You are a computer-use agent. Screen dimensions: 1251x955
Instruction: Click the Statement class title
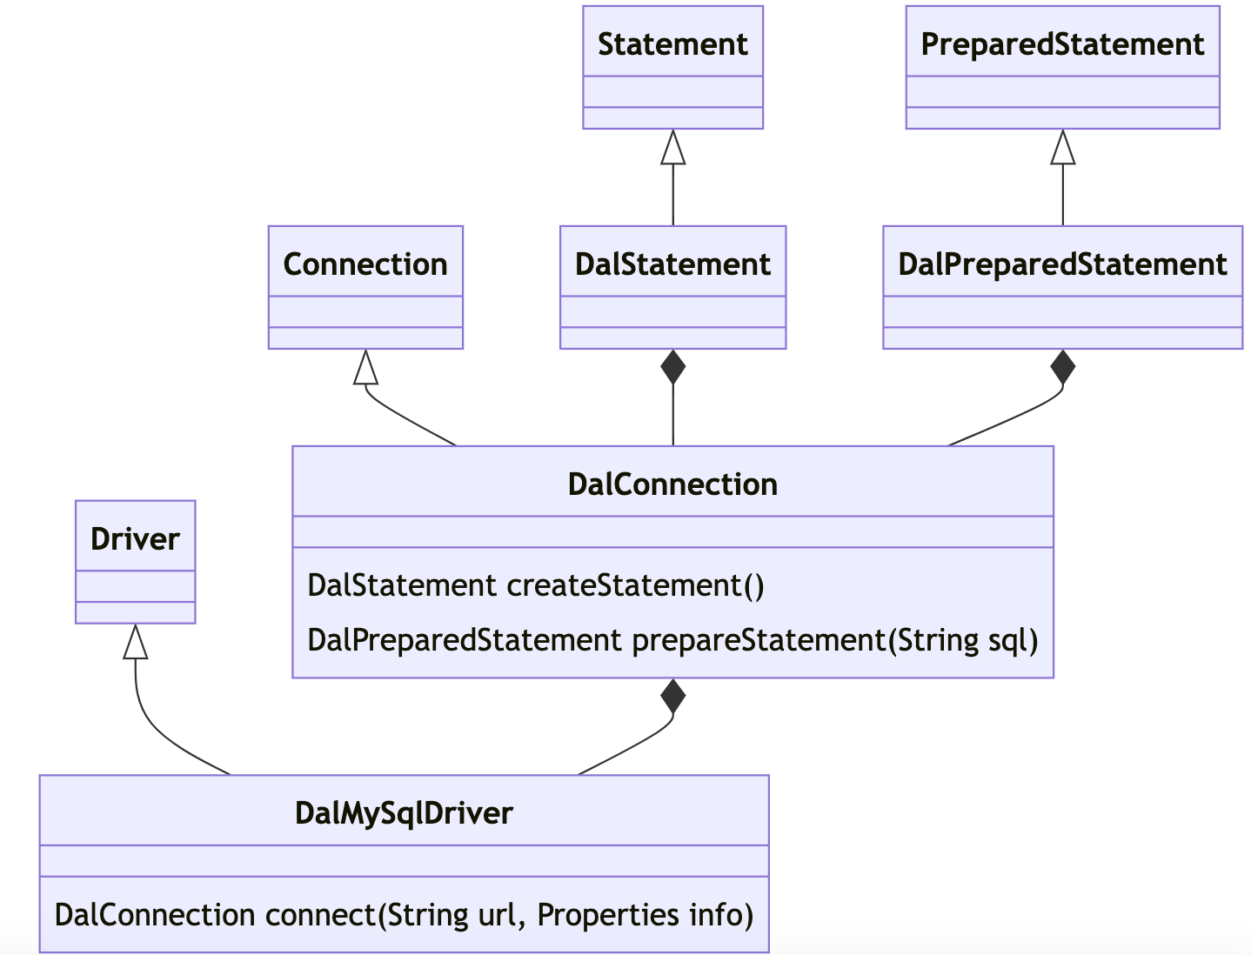[672, 44]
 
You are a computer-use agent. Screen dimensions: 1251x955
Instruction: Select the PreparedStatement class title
[1062, 45]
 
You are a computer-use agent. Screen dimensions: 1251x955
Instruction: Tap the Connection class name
[365, 264]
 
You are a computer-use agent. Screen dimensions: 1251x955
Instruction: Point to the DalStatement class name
[672, 264]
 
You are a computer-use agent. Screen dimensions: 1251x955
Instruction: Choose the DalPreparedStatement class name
[1062, 265]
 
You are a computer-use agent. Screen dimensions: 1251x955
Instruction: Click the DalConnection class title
[672, 484]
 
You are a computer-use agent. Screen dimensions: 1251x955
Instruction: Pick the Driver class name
[135, 539]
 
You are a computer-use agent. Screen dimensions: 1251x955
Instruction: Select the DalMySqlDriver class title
[404, 814]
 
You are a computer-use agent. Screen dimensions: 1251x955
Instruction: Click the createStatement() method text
[635, 585]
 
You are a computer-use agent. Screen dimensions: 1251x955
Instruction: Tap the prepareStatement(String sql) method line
[835, 640]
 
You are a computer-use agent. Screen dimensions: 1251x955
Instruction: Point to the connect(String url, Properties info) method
[510, 915]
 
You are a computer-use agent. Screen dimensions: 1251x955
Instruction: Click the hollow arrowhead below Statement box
[673, 147]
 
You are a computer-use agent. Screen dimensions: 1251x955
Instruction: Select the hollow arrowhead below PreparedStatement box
[1063, 147]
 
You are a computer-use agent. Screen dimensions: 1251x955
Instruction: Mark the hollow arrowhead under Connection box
[365, 367]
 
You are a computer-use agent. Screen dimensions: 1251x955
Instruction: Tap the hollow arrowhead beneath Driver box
[135, 642]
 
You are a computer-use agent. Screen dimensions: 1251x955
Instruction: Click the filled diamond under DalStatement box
[673, 368]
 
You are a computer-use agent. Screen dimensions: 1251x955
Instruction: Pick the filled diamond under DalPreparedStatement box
[1063, 368]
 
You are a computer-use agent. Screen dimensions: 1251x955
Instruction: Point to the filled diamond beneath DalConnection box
[673, 697]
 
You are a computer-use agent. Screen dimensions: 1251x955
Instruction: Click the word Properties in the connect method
[608, 915]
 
